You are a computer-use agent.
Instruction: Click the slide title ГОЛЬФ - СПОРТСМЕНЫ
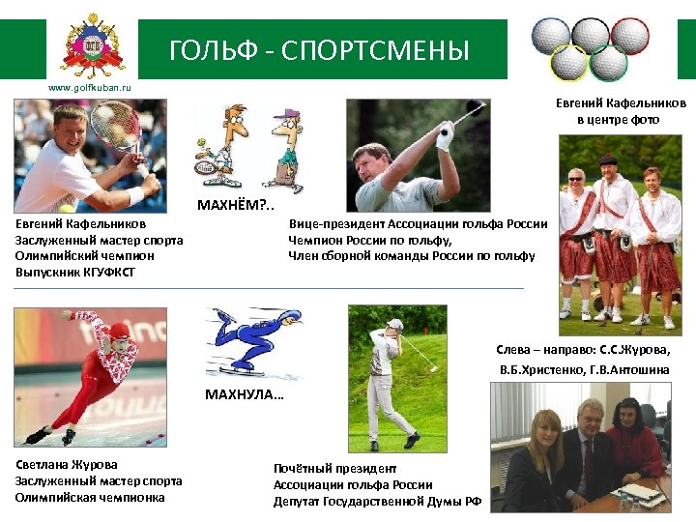(319, 50)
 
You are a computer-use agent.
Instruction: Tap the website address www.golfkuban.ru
(90, 88)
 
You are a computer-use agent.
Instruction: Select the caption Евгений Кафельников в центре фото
(620, 111)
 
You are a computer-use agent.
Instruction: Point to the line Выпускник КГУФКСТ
(75, 273)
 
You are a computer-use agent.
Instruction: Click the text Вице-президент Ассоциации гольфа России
(418, 223)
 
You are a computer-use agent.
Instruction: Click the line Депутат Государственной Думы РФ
(376, 502)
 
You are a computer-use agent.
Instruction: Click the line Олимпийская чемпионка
(90, 497)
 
